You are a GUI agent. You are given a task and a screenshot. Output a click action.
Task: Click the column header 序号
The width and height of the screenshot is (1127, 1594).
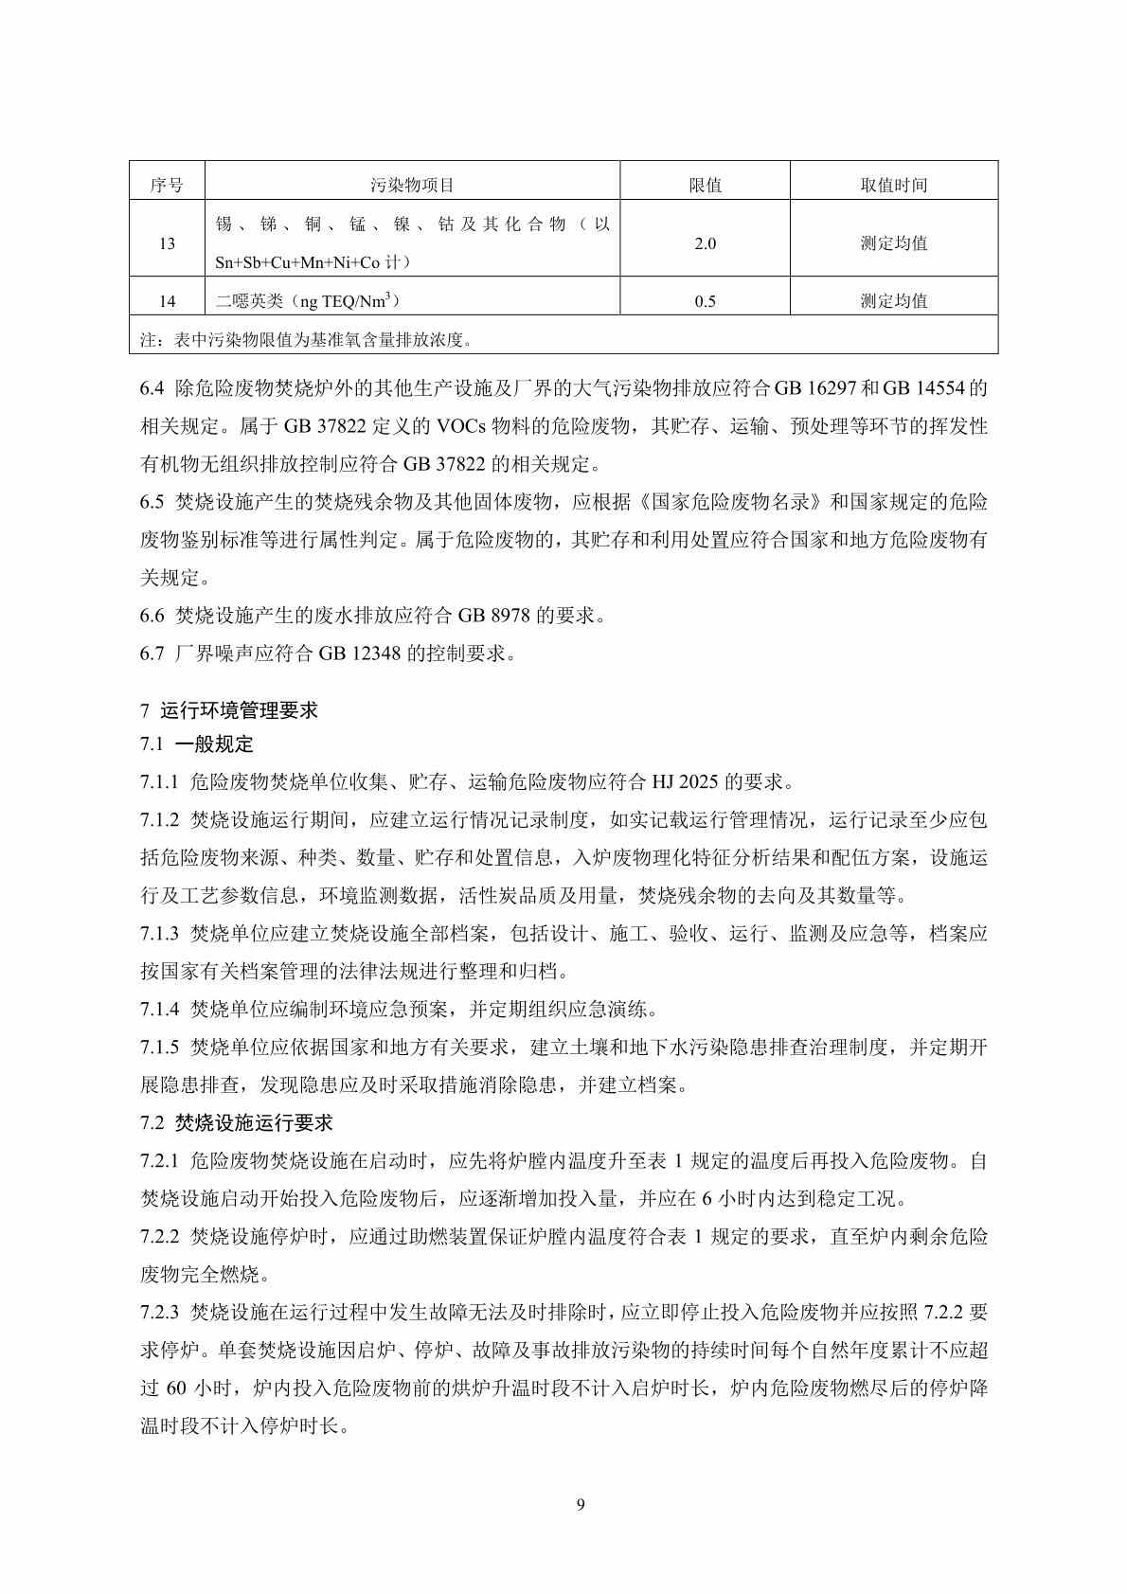(167, 186)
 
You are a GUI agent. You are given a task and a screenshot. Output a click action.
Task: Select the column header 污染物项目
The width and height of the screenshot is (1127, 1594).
(412, 186)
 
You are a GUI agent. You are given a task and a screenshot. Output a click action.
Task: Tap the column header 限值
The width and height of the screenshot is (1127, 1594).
(705, 186)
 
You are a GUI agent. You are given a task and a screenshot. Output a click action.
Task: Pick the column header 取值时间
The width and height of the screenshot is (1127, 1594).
(893, 186)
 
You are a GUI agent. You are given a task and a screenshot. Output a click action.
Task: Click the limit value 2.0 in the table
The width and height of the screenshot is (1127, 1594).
(705, 243)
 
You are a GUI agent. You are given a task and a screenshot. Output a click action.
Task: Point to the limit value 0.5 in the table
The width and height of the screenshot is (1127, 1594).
(705, 301)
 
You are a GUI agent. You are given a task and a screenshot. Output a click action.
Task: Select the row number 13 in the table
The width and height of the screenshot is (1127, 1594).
(167, 243)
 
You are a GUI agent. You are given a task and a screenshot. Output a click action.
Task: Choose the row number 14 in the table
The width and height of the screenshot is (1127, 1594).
(167, 301)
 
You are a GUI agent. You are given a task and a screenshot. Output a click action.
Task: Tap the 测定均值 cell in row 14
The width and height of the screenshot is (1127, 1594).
(893, 301)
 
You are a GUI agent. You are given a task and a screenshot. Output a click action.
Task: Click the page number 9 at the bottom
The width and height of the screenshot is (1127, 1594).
(580, 1505)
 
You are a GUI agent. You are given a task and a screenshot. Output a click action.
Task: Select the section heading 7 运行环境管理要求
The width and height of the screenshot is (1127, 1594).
(229, 710)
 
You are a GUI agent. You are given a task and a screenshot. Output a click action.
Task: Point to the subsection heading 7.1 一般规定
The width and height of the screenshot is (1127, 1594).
(197, 744)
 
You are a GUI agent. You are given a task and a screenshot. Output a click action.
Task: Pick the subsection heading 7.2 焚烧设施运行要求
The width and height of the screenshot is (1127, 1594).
(237, 1123)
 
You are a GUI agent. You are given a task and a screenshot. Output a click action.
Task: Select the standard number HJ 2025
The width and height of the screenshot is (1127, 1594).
(685, 782)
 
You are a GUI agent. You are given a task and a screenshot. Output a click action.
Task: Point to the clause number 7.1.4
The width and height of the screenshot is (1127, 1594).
(159, 1010)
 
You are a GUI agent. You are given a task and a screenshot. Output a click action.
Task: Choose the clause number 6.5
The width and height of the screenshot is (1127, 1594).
(152, 502)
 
